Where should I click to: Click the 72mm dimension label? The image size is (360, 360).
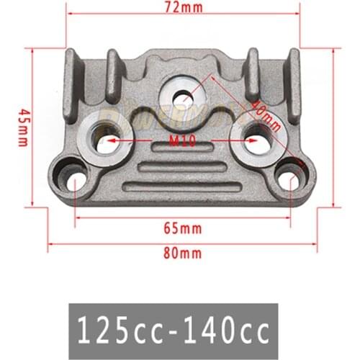[184, 8]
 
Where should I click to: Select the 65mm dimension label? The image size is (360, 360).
[181, 229]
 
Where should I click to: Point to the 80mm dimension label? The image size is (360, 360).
[181, 253]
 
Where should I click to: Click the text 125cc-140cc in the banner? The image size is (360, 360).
[183, 332]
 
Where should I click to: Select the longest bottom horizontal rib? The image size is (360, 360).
[181, 187]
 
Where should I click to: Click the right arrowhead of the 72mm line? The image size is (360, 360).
[296, 13]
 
